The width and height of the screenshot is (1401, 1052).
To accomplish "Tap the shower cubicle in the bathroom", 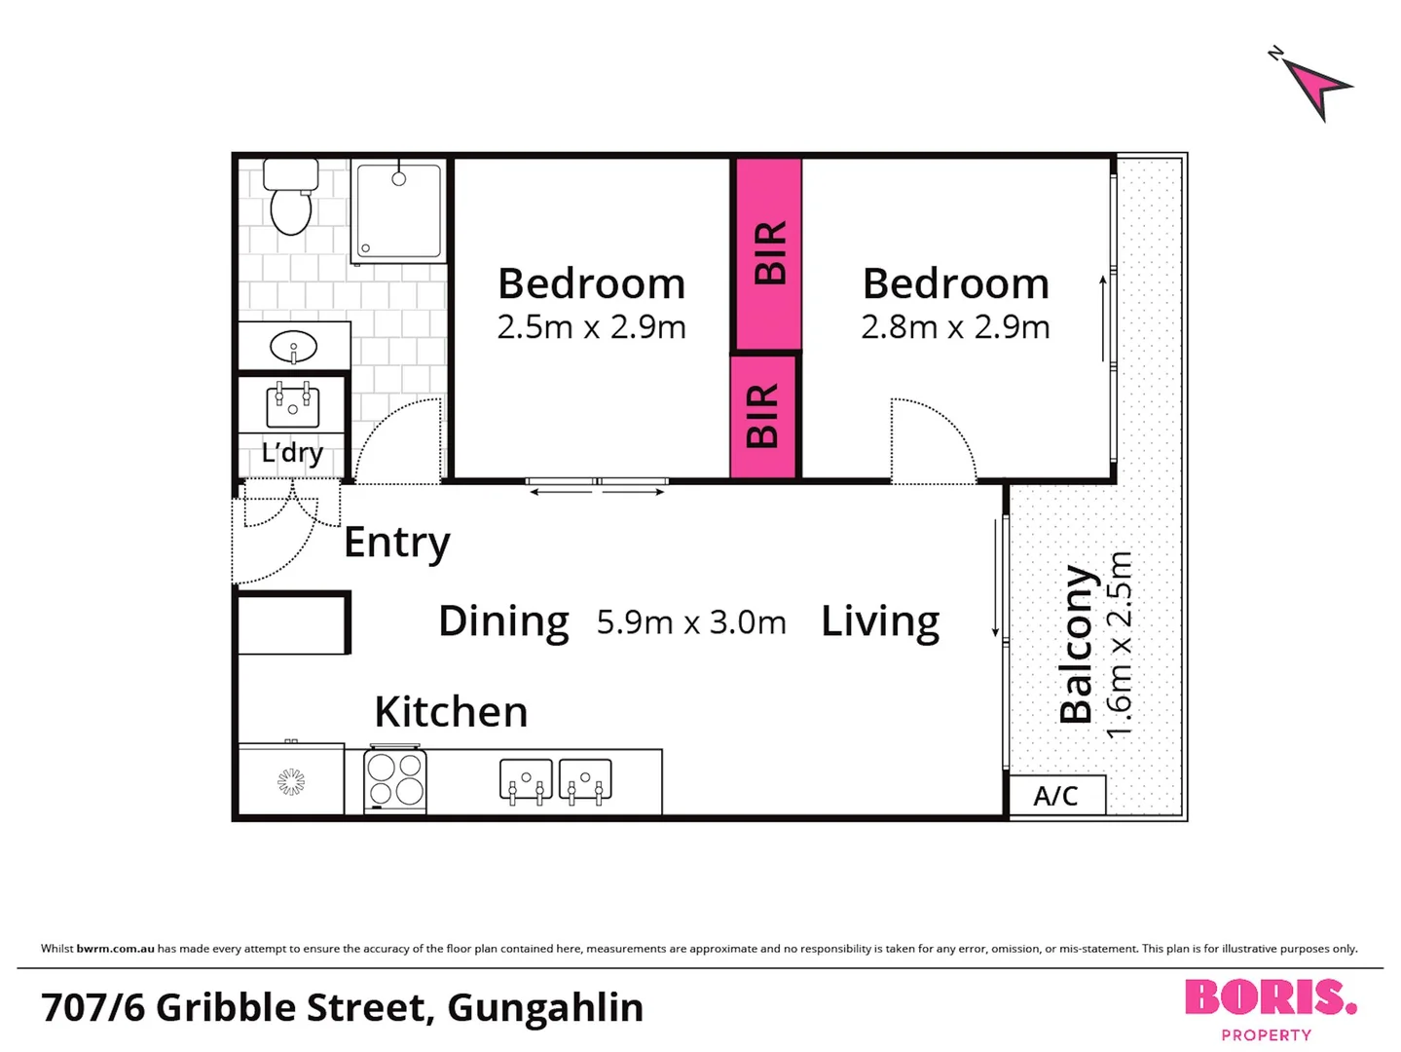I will click(398, 211).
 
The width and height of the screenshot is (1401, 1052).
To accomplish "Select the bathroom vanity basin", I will click(293, 347).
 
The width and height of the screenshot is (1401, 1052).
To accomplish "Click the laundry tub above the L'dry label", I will click(292, 403).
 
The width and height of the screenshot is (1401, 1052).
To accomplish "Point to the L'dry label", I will click(292, 453).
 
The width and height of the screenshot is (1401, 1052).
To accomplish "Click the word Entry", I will click(397, 543).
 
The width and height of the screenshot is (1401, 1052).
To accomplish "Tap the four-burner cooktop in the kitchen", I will click(395, 779).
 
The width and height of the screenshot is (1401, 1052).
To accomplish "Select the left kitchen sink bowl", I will click(526, 780).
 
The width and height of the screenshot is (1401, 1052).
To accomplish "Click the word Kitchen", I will click(451, 712).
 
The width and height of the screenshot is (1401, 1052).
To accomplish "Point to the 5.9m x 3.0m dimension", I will click(691, 622).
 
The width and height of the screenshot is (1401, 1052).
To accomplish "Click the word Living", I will click(880, 621).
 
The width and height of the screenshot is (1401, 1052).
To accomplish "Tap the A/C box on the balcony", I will click(1056, 796).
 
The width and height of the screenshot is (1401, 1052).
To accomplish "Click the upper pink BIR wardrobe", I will click(769, 253).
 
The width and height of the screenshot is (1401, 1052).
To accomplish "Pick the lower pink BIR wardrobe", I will click(763, 416).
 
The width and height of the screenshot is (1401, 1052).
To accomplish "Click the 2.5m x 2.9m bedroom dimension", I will click(591, 327).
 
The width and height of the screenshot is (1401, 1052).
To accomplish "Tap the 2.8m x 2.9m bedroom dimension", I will click(955, 327).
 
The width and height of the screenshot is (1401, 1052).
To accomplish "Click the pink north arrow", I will click(1316, 86).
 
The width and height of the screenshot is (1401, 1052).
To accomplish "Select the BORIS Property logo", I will click(1270, 1008).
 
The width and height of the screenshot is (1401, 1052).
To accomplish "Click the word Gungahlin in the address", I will click(545, 1008).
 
